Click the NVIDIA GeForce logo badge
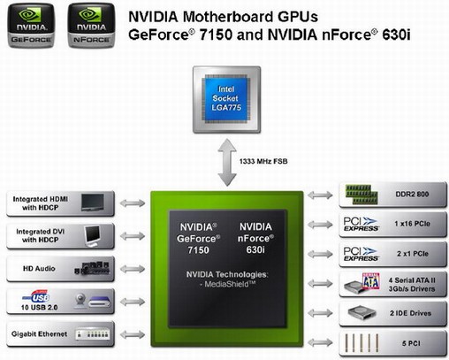click(x=31, y=25)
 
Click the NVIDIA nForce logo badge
click(x=89, y=25)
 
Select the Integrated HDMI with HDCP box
click(x=60, y=203)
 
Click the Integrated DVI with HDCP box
click(x=60, y=235)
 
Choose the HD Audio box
click(x=60, y=267)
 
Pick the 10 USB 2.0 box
click(x=60, y=300)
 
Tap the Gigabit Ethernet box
click(x=60, y=333)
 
